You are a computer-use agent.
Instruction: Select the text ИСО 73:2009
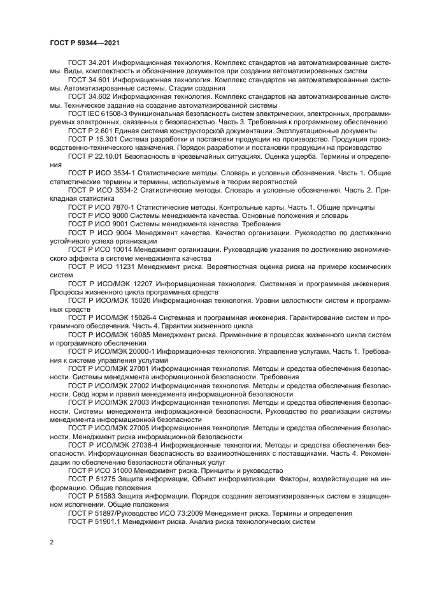point(169,512)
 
